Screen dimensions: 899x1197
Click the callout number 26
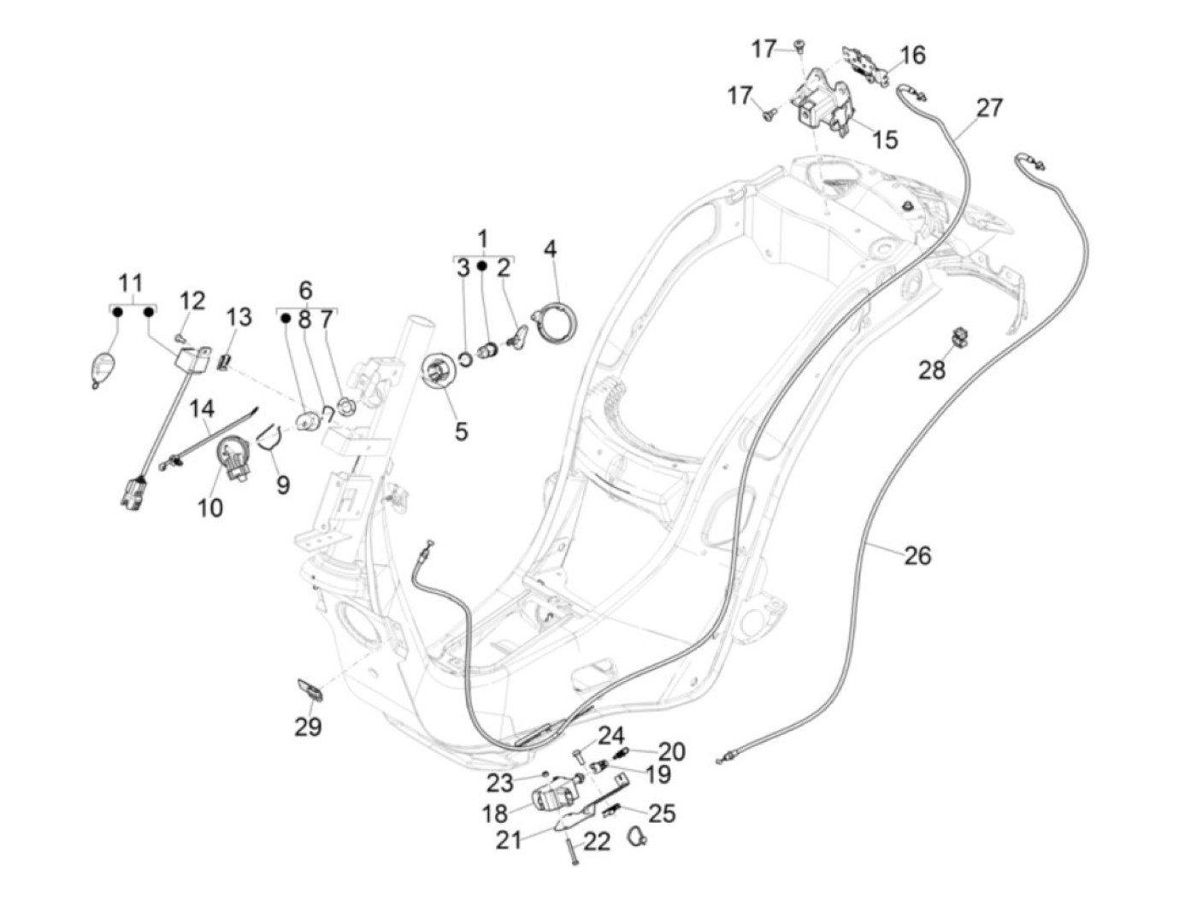(917, 555)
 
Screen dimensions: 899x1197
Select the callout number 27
(989, 108)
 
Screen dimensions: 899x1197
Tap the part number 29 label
(308, 726)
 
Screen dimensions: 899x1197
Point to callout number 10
(210, 507)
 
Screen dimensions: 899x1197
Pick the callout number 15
(885, 138)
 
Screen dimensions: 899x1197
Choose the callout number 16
(912, 55)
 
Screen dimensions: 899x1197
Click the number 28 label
(933, 370)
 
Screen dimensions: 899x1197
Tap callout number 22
(597, 842)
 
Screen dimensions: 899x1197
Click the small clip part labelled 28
(960, 336)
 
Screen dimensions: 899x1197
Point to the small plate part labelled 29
(310, 689)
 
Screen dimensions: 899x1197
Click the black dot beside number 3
(482, 267)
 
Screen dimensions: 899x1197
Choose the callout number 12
(192, 300)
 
